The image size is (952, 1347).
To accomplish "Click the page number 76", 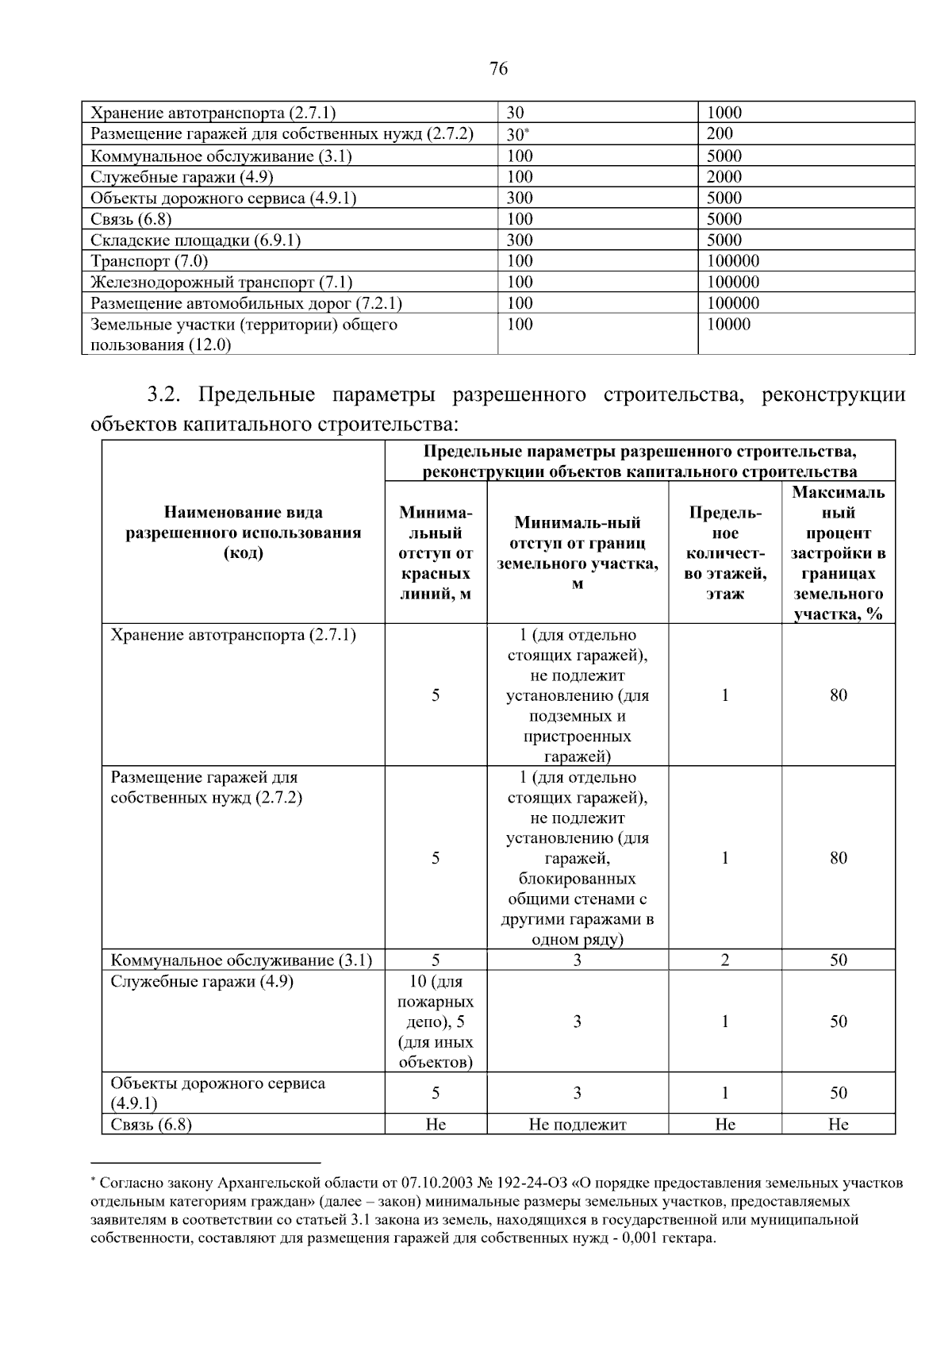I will coord(498,69).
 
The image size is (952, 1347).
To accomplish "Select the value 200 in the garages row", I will coord(720,134).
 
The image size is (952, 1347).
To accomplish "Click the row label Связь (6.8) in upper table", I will coord(131,219).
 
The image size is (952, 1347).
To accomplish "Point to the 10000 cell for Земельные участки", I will coord(727,325).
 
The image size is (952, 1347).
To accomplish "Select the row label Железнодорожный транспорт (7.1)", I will coord(221,283).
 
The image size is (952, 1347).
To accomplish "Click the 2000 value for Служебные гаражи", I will coord(724,177).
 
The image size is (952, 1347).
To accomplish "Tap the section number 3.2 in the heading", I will coord(166,394).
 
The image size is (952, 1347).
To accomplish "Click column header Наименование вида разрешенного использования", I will coord(243,533).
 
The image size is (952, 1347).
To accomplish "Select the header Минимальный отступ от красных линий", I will coord(436,552).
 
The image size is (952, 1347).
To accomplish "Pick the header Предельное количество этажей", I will coord(724,552).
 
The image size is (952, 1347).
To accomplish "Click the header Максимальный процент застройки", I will coord(838,552).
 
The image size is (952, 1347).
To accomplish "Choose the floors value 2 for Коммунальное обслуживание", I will coord(724,960).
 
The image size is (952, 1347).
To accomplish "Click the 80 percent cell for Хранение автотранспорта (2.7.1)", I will coord(838,695).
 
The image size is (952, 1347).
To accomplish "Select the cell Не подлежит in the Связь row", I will coord(577,1125).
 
